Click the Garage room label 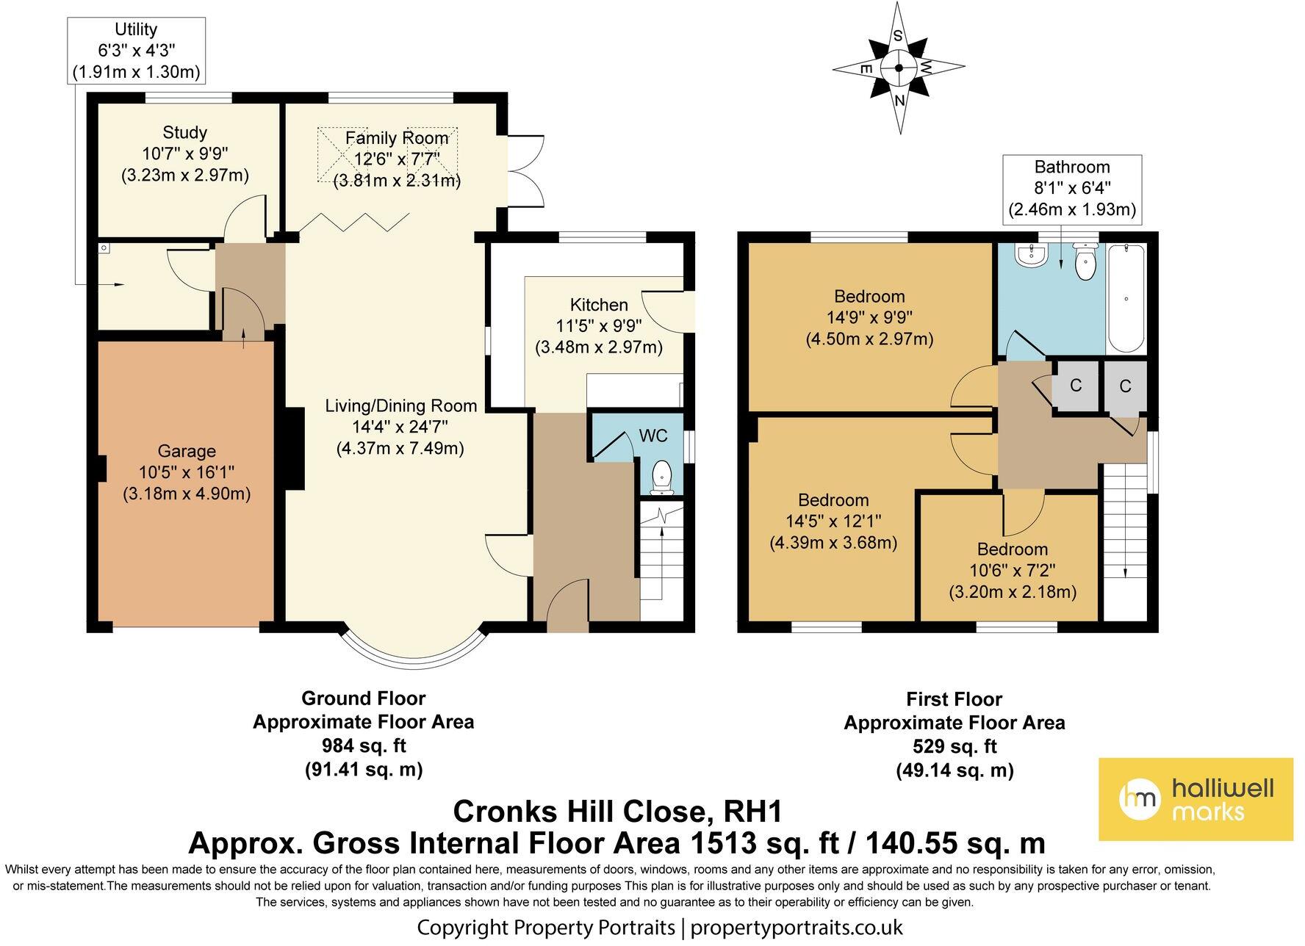[x=187, y=451]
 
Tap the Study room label [x=184, y=132]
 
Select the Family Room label [x=397, y=138]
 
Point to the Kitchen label [x=599, y=305]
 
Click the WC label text [x=653, y=436]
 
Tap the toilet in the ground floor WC [x=663, y=475]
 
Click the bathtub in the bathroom [x=1126, y=299]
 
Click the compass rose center [x=899, y=68]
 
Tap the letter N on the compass [x=899, y=99]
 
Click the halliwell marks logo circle [x=1139, y=798]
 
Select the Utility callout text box [x=136, y=50]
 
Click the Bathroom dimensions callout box [x=1072, y=189]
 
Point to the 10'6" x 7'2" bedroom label [x=1012, y=571]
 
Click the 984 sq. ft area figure [x=364, y=746]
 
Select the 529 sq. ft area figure [x=954, y=747]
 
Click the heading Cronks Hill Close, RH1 [x=617, y=812]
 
